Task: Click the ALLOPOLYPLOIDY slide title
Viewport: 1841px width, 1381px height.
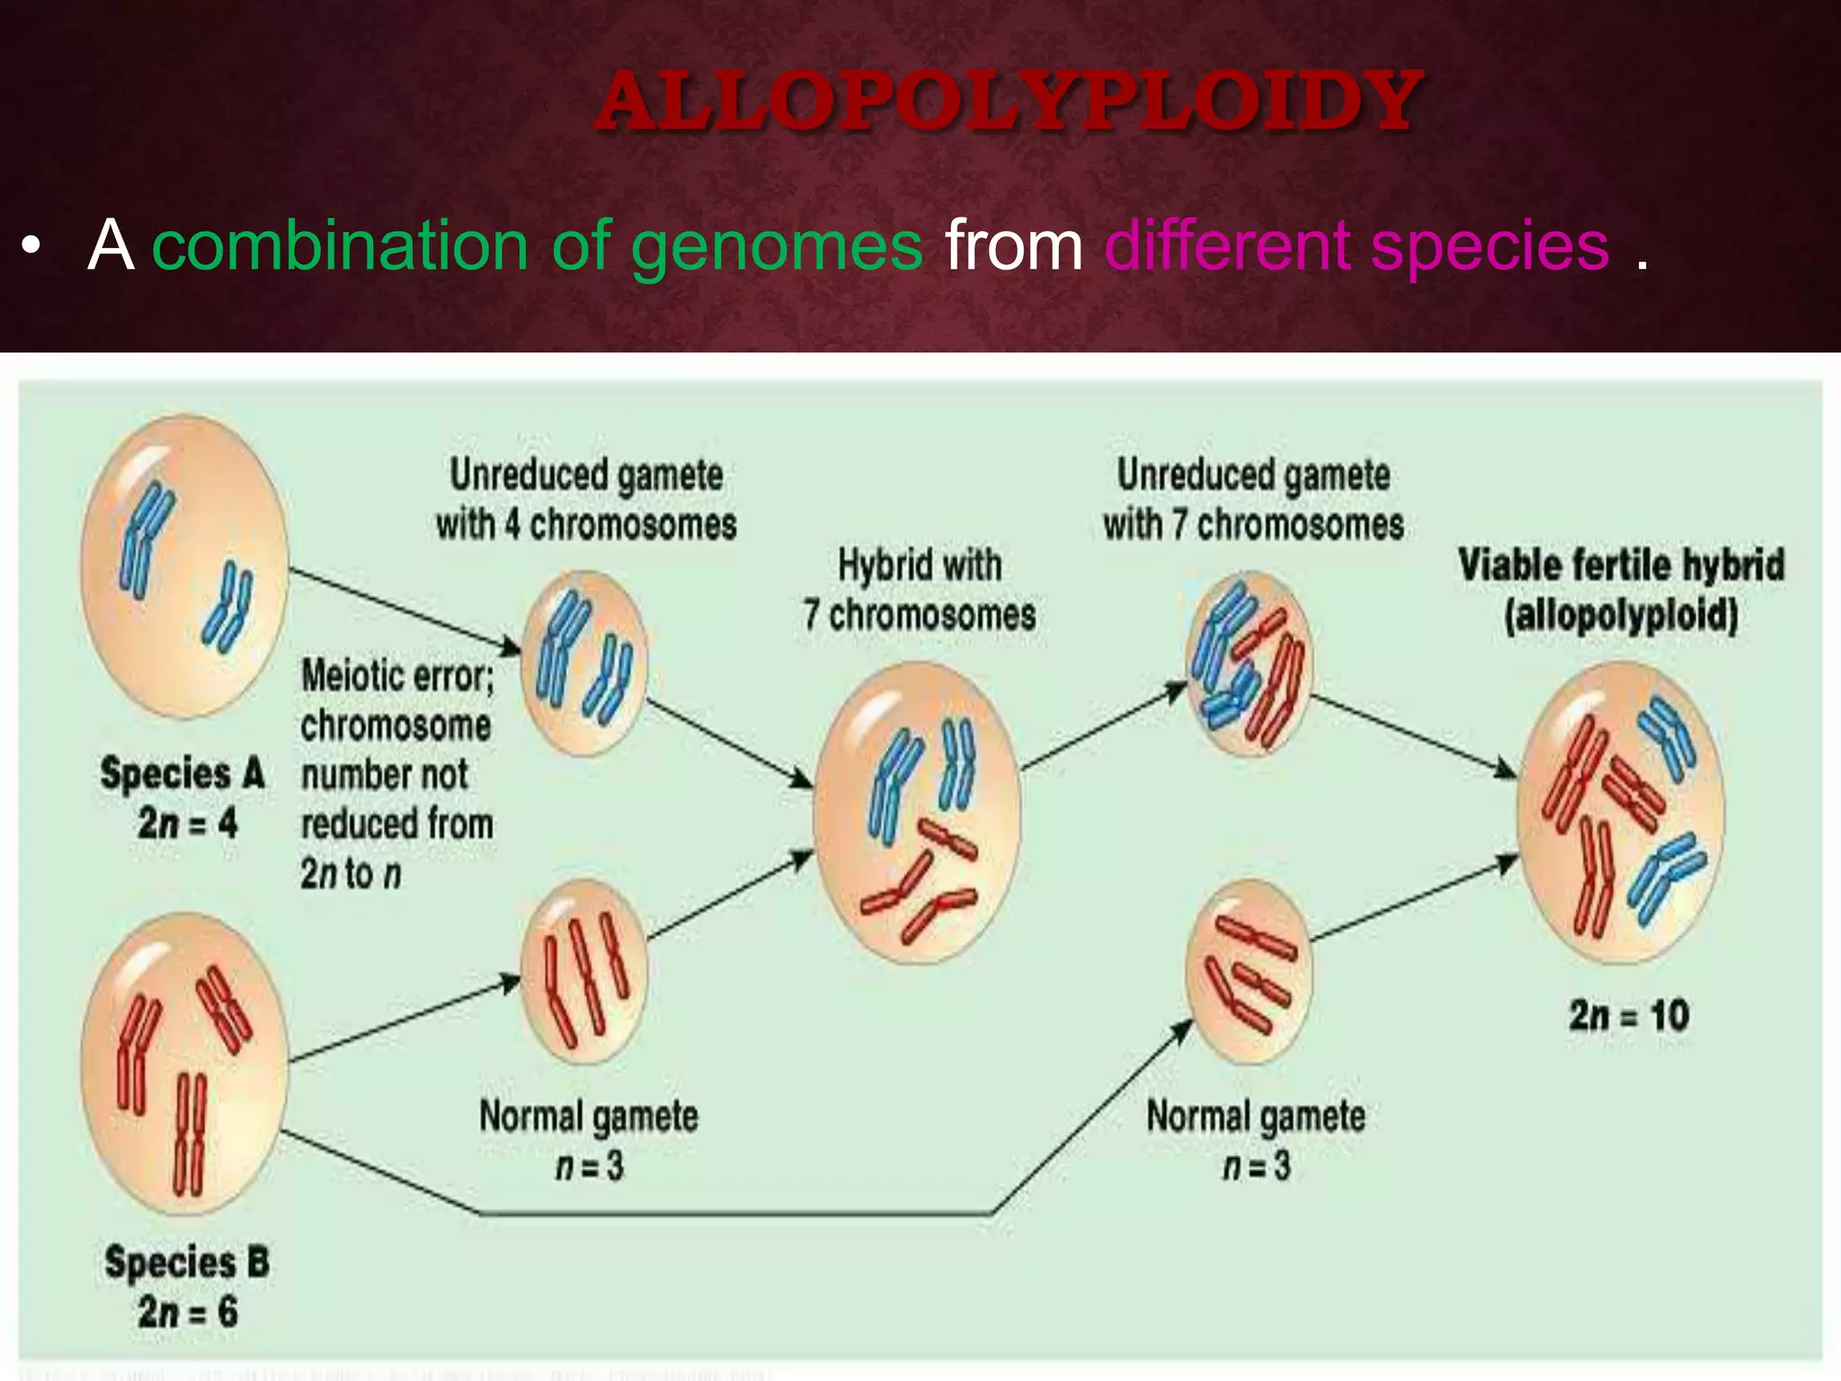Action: click(1009, 101)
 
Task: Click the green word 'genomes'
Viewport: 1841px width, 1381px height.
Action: click(777, 246)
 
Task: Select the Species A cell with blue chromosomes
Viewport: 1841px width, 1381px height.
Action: click(184, 566)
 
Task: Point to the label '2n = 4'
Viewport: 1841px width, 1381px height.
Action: click(187, 823)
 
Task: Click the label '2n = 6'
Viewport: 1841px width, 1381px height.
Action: click(187, 1312)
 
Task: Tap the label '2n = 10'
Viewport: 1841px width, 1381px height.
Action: click(1629, 1016)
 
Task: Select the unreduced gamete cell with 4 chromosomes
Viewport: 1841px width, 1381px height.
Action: click(584, 664)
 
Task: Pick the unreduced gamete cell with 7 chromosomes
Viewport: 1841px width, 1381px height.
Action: click(1250, 664)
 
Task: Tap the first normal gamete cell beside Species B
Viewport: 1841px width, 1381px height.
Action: click(584, 971)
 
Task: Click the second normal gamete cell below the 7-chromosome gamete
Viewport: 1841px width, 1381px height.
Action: click(1250, 971)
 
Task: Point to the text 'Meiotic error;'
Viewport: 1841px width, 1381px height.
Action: click(397, 676)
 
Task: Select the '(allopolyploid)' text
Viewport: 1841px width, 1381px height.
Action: click(1621, 616)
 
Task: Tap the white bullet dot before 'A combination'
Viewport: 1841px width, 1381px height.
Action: click(32, 246)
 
